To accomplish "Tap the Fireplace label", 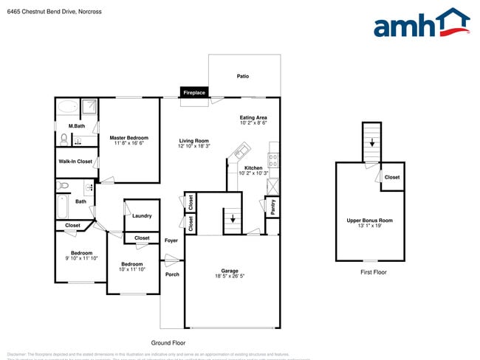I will (194, 93).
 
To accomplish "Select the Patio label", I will (242, 76).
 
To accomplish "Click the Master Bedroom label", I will (128, 138).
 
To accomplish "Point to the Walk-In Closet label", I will (75, 162).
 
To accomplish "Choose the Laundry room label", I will (142, 216).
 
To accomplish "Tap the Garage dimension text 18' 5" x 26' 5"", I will (230, 276).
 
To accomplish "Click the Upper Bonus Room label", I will (370, 221).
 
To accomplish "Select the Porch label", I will (172, 274).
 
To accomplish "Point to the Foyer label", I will (171, 240).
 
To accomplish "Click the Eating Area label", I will (253, 117).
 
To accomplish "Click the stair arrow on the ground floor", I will (233, 219).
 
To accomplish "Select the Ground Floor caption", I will (168, 343).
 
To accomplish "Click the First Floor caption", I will (373, 272).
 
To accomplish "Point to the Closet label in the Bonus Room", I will (392, 177).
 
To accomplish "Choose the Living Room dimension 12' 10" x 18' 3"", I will (193, 146).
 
